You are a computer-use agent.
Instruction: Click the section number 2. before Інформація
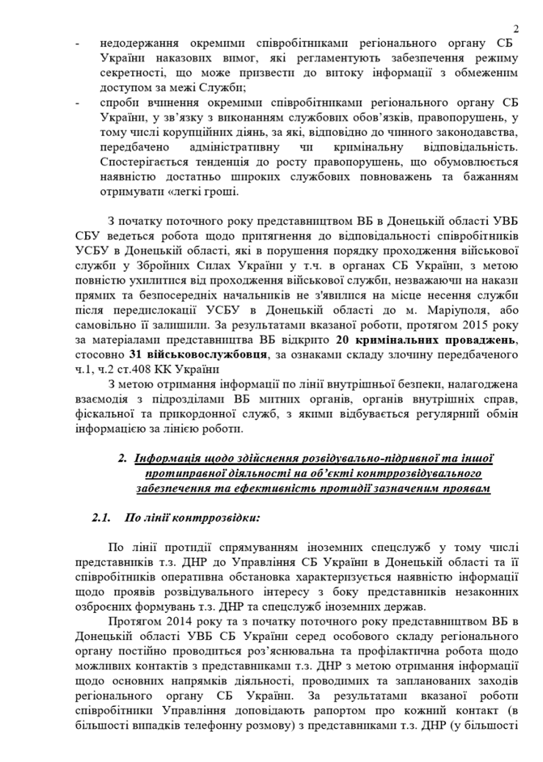(122, 460)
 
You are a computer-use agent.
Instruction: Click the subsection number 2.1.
(101, 518)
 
